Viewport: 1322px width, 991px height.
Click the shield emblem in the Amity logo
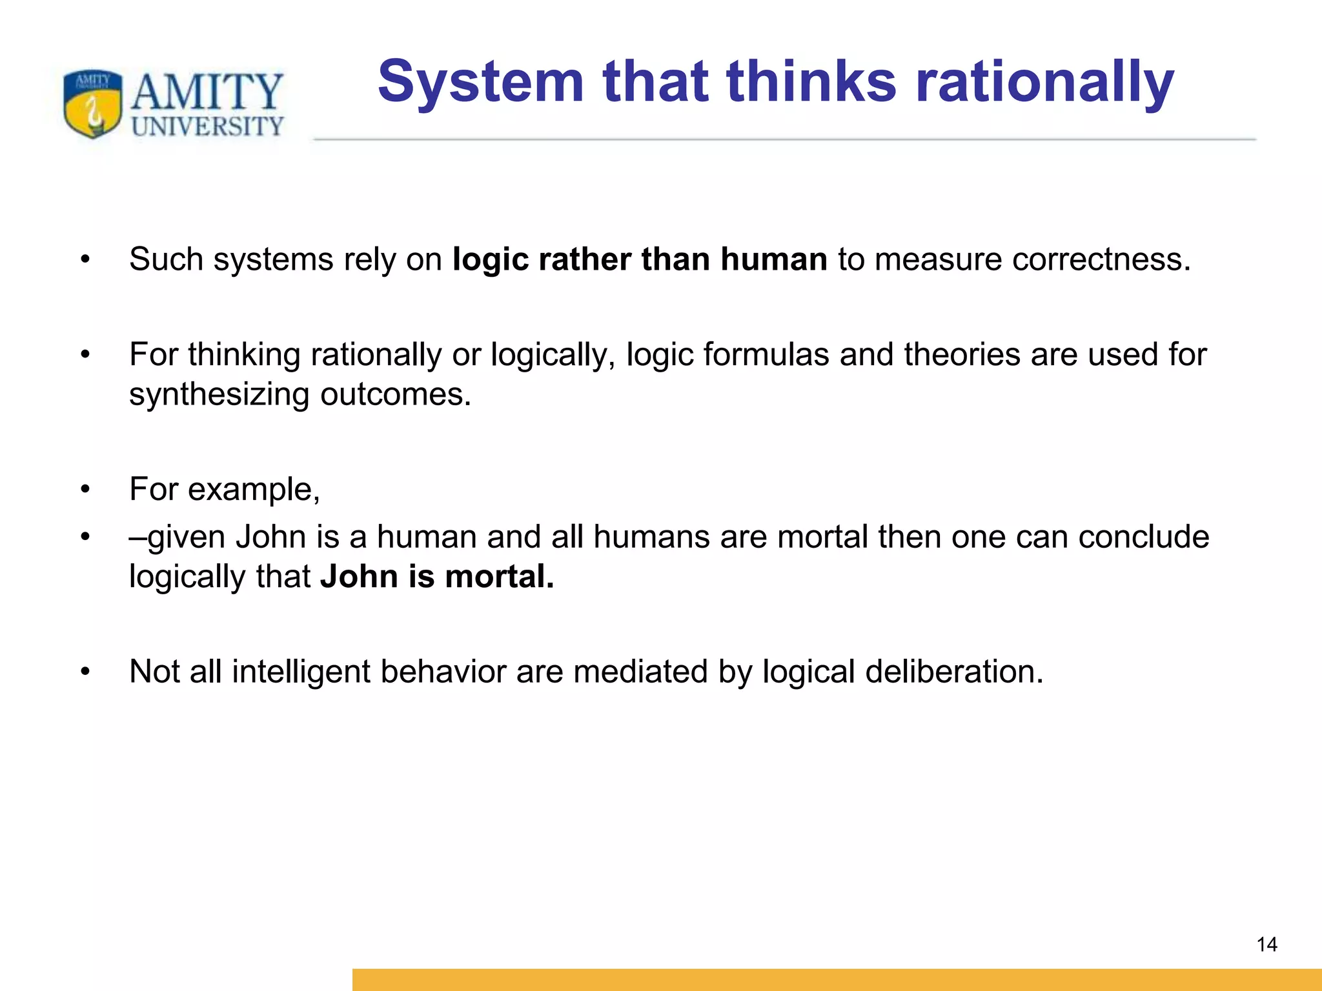tap(93, 103)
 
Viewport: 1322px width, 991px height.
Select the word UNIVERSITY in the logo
tap(207, 126)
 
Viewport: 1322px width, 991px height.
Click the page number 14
tap(1266, 945)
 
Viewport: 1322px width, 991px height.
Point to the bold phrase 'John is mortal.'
tap(437, 576)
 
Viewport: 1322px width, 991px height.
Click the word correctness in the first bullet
tap(1101, 259)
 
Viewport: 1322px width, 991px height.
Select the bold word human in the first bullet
tap(773, 259)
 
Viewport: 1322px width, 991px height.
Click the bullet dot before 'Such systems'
tap(85, 260)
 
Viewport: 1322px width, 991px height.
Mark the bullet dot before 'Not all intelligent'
tap(85, 672)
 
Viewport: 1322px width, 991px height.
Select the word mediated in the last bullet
tap(640, 672)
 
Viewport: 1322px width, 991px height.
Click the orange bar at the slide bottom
tap(837, 979)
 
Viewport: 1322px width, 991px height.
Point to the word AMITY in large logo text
tap(207, 91)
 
